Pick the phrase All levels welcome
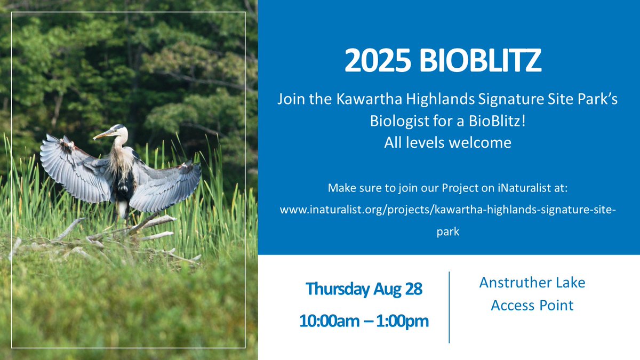tap(448, 142)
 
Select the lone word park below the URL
tap(448, 233)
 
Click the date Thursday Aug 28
tap(364, 290)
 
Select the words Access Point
tap(532, 305)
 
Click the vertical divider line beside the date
tap(449, 307)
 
